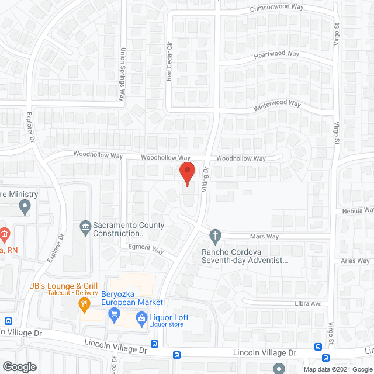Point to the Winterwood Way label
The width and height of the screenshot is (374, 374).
pos(276,105)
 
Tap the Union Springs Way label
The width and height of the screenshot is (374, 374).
pos(123,74)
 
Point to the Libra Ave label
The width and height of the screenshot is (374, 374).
pos(308,304)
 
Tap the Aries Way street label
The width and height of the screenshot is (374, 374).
pos(355,261)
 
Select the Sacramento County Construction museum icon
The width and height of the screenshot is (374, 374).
pos(85,226)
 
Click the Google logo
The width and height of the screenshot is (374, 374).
pos(19,367)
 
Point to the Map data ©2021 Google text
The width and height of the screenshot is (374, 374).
pos(337,369)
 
